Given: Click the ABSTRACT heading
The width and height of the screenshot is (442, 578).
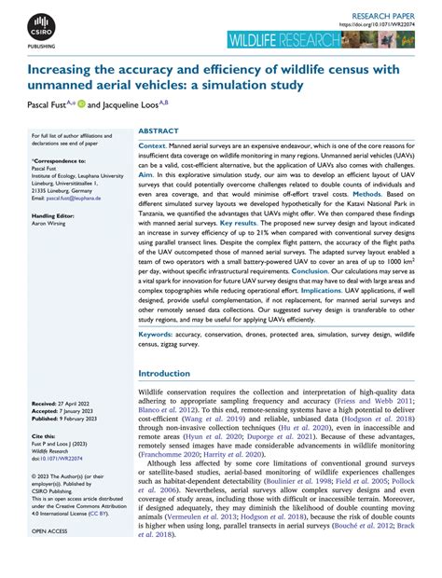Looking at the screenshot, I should click(x=158, y=132).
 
